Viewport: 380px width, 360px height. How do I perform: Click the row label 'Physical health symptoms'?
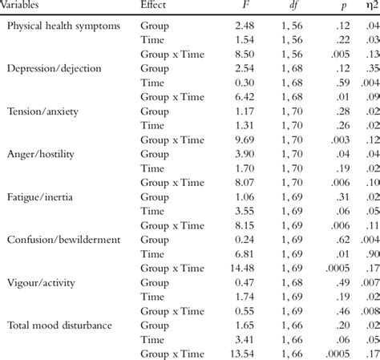pyautogui.click(x=63, y=25)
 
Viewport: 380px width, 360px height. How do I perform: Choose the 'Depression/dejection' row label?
pyautogui.click(x=55, y=68)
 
